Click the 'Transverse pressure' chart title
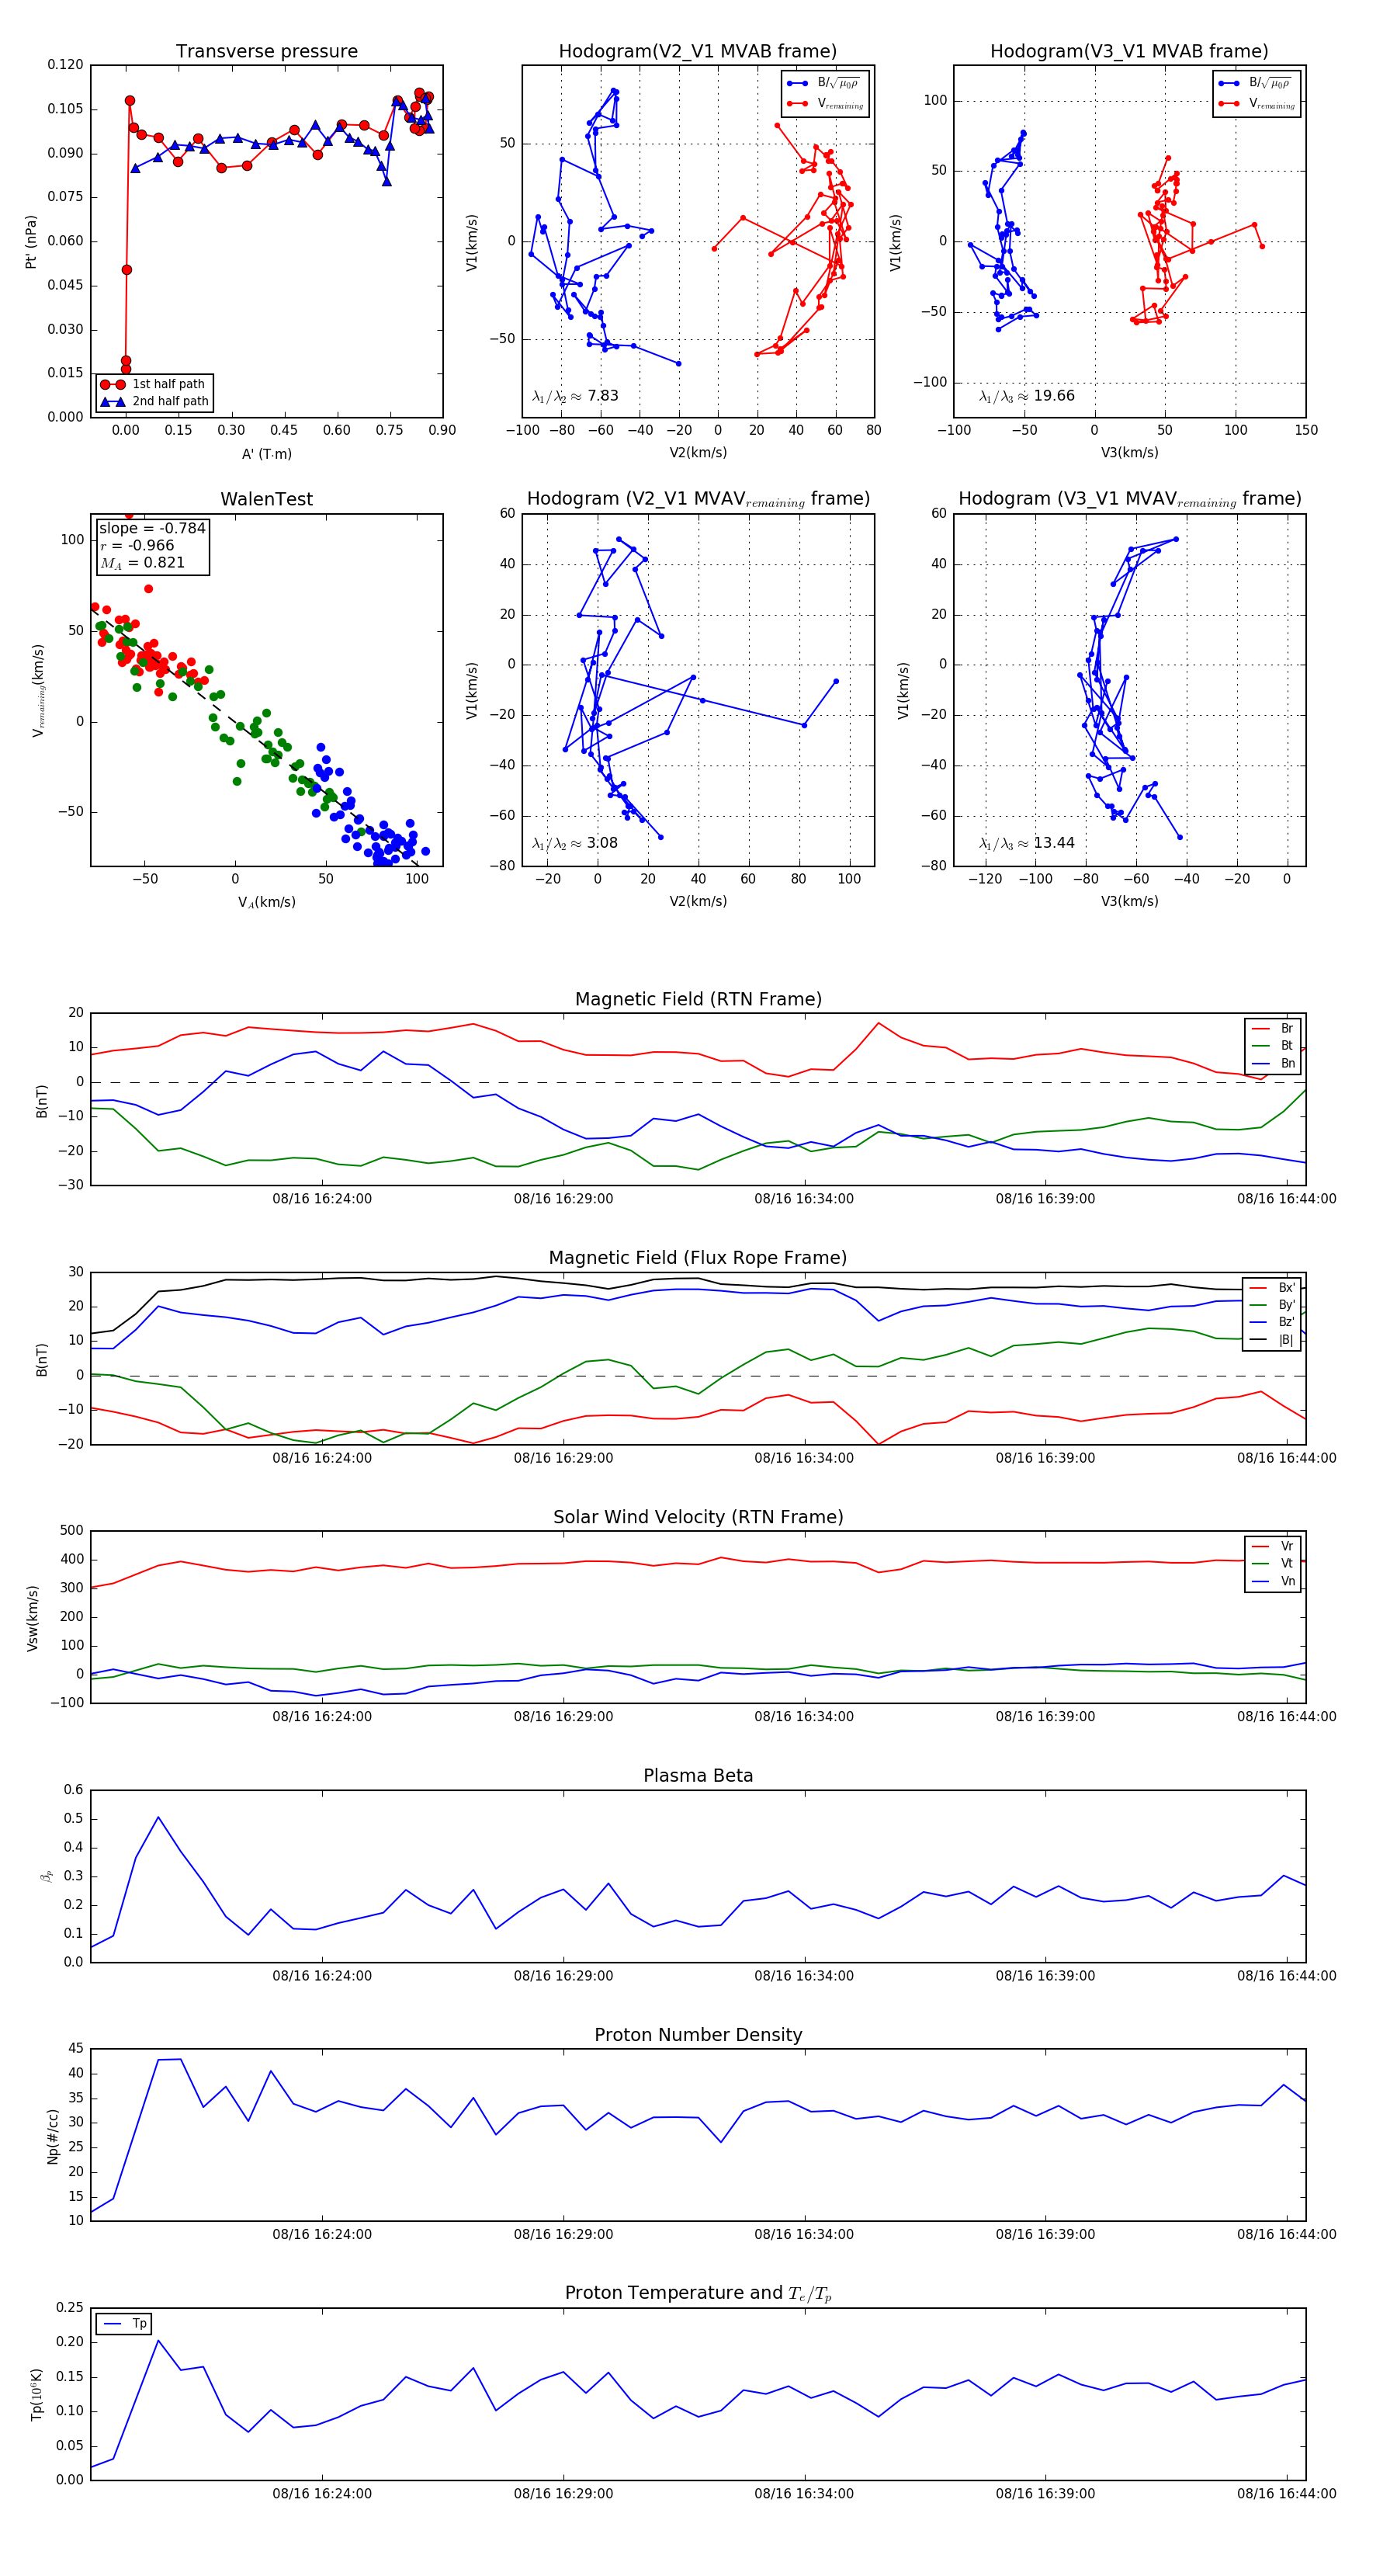pos(266,52)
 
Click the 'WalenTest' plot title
pos(266,499)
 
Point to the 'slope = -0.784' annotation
pos(152,528)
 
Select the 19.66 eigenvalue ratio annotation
pos(1026,396)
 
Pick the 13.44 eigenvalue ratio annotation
pos(1026,843)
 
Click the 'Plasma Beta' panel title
pos(698,1776)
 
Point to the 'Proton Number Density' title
pos(698,2035)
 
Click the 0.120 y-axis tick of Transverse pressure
pos(66,64)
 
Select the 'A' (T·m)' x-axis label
pos(266,454)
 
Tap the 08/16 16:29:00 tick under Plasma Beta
pos(563,1976)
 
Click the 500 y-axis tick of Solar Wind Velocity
pos(71,1531)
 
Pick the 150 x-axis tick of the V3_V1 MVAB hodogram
pos(1305,431)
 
